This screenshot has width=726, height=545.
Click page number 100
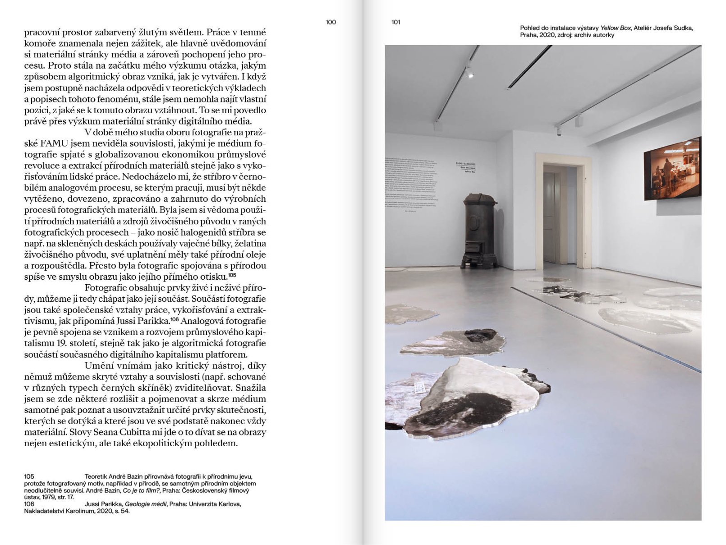tap(331, 22)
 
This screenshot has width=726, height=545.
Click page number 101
tap(396, 22)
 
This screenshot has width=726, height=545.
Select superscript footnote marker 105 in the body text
tap(232, 275)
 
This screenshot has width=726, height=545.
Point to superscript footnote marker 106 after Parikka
tap(175, 319)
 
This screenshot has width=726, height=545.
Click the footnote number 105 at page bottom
tap(29, 476)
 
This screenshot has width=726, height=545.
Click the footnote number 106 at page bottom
tap(29, 504)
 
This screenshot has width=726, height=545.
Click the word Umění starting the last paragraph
tap(100, 366)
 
